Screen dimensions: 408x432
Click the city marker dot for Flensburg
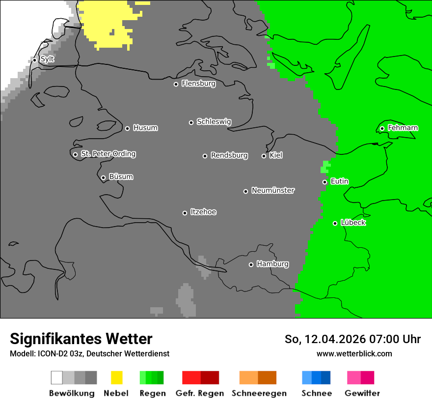pyautogui.click(x=176, y=84)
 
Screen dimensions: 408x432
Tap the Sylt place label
pyautogui.click(x=47, y=59)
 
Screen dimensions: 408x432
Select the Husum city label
pyautogui.click(x=145, y=128)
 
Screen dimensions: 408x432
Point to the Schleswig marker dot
pyautogui.click(x=191, y=122)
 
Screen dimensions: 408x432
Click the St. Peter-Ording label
pyautogui.click(x=108, y=154)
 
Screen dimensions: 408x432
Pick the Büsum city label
pyautogui.click(x=121, y=177)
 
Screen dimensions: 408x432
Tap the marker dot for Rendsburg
pyautogui.click(x=205, y=156)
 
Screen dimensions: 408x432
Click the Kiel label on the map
pyautogui.click(x=276, y=156)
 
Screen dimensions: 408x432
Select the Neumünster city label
pyautogui.click(x=273, y=191)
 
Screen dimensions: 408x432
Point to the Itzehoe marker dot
pyautogui.click(x=185, y=213)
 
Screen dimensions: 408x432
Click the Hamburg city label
pyautogui.click(x=272, y=264)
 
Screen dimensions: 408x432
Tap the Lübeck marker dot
pyautogui.click(x=335, y=223)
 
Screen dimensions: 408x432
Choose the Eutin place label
pyautogui.click(x=339, y=182)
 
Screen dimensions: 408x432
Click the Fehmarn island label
pyautogui.click(x=403, y=128)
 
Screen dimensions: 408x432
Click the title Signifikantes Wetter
pyautogui.click(x=81, y=339)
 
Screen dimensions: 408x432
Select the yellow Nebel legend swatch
pyautogui.click(x=116, y=378)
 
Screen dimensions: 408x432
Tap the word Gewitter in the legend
pyautogui.click(x=362, y=393)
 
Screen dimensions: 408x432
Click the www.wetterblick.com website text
pyautogui.click(x=354, y=353)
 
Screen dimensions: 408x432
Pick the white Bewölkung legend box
pyautogui.click(x=56, y=378)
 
